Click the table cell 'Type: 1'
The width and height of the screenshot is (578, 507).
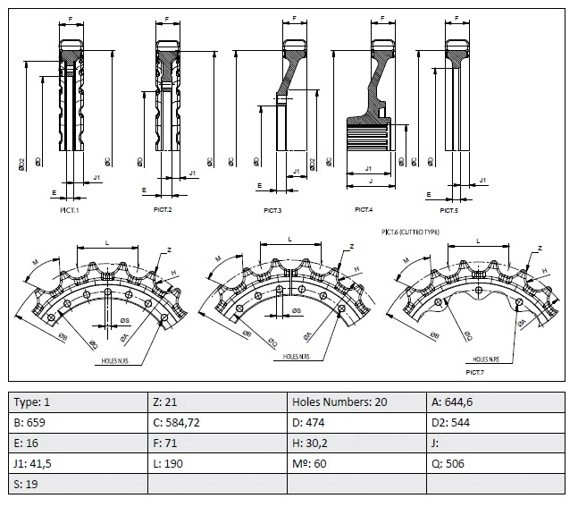(x=78, y=401)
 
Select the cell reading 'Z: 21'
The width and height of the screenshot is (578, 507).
(x=217, y=401)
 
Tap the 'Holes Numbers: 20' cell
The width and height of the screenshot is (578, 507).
(x=356, y=401)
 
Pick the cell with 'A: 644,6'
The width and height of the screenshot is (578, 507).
(x=496, y=401)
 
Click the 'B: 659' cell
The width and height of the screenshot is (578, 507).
(x=78, y=422)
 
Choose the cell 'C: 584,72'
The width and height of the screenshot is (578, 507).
(x=217, y=422)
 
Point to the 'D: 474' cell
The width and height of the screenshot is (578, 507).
(x=356, y=422)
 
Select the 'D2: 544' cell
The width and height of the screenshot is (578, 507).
(x=496, y=422)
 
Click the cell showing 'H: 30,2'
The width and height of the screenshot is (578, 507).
(x=356, y=443)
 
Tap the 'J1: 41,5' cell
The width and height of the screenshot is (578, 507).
(x=78, y=463)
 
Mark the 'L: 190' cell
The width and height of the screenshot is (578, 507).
(x=217, y=463)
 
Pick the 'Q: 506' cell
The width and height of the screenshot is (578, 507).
(x=496, y=463)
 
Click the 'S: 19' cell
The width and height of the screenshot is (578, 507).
(x=78, y=484)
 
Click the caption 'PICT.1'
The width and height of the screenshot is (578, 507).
(x=70, y=209)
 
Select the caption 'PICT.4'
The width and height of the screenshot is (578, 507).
(x=364, y=209)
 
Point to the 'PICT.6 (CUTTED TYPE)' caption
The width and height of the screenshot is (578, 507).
(x=410, y=232)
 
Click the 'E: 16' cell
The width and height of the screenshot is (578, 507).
(x=78, y=443)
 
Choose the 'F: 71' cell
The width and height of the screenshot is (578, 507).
(x=217, y=443)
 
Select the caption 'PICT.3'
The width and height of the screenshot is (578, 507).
(x=272, y=210)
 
